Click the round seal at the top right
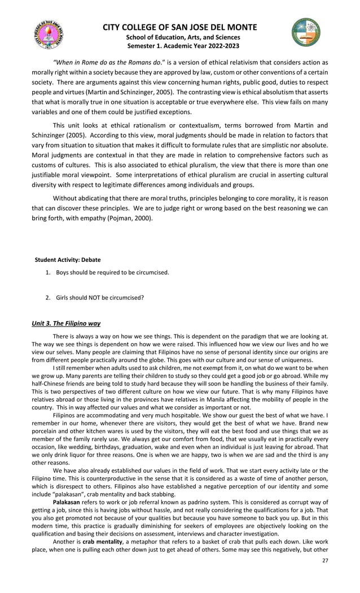(x=306, y=32)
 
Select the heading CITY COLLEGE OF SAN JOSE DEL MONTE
(x=179, y=27)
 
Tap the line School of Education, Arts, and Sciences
(x=179, y=37)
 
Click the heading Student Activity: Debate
(x=68, y=260)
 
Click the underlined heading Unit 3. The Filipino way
(x=65, y=323)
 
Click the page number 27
(x=324, y=576)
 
